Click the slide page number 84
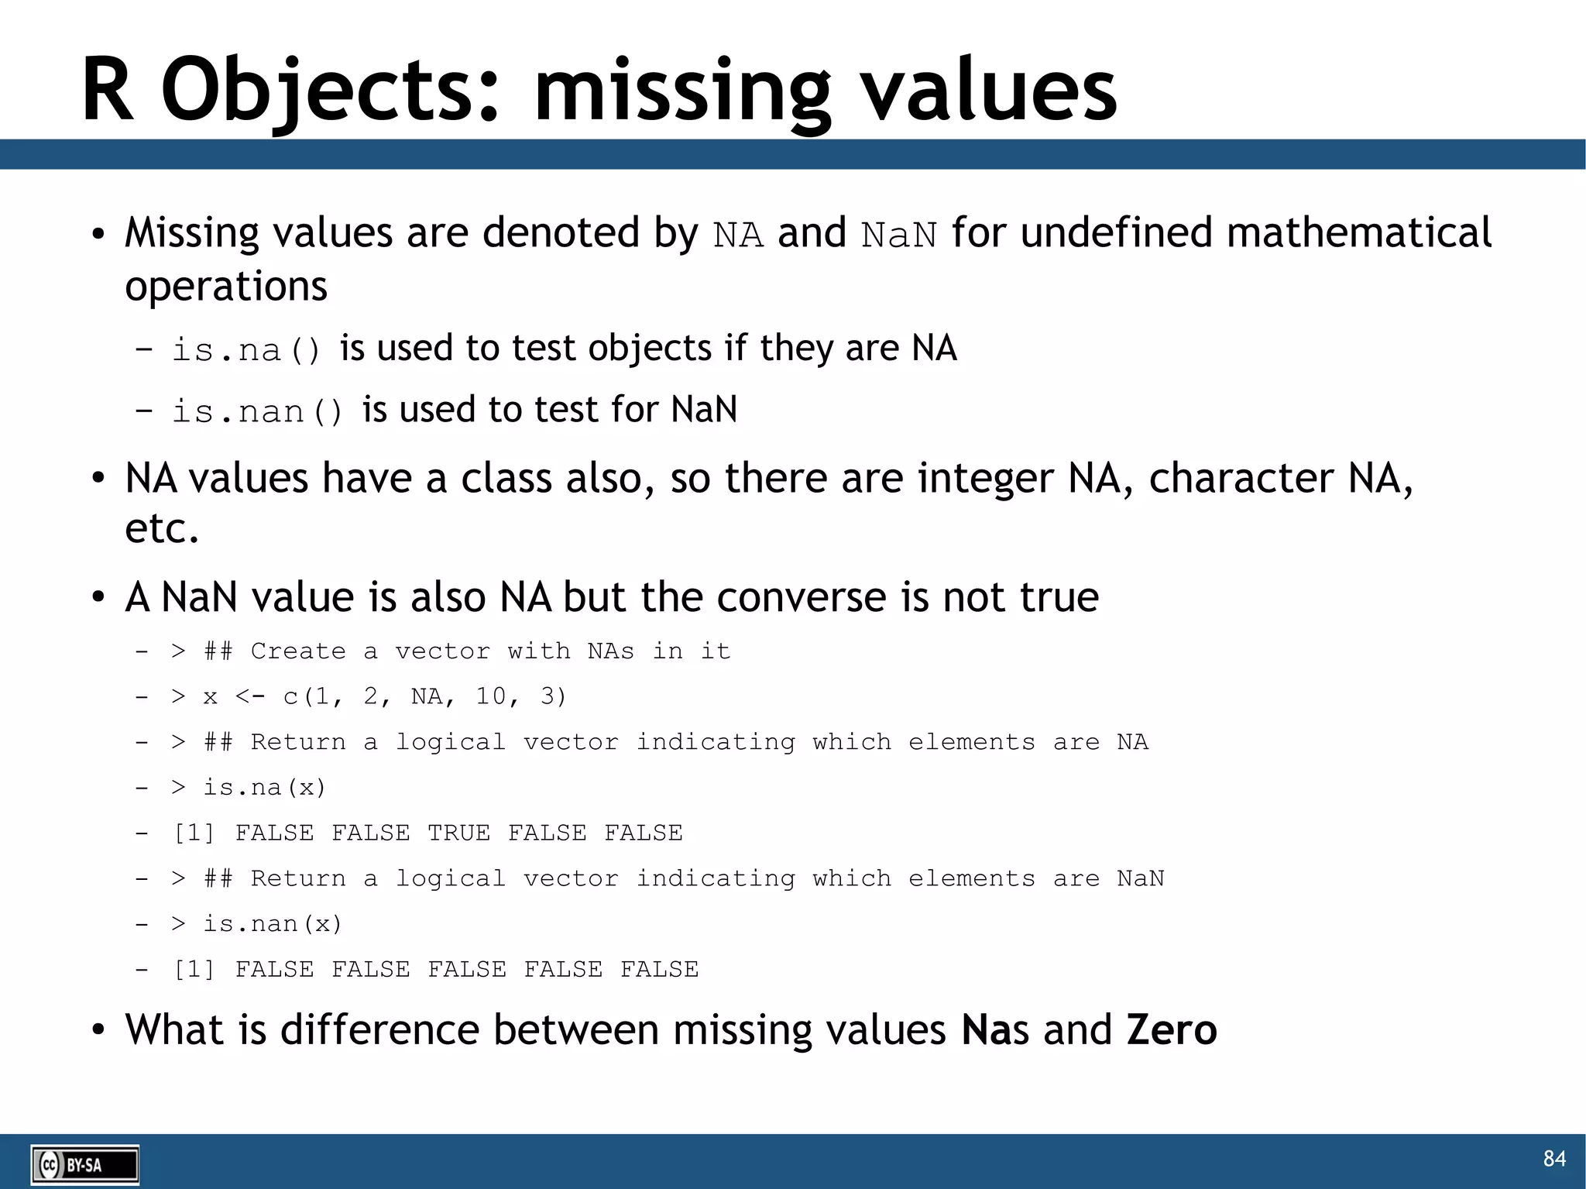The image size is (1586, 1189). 1554,1158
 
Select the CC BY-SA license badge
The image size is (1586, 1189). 84,1165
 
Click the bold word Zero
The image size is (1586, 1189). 1172,1030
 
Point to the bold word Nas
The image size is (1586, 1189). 995,1030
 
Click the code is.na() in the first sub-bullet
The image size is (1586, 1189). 245,350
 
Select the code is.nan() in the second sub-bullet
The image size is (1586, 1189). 256,411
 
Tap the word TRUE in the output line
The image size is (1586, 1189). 458,833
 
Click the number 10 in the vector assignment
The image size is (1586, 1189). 491,696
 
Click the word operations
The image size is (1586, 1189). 226,287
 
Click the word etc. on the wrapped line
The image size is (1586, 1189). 162,529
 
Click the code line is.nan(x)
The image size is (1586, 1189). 272,924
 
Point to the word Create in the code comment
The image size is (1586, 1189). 298,651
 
